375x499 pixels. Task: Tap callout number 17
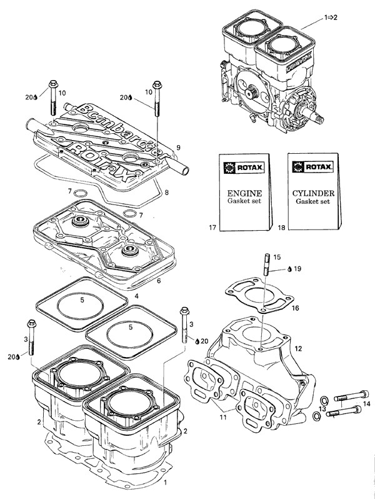pos(212,228)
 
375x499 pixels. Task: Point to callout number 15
pos(277,257)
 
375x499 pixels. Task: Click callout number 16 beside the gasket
pos(296,308)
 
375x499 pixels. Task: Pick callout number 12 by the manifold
pos(299,348)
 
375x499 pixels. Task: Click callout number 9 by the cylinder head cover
pos(178,148)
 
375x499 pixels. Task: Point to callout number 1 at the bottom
pos(165,483)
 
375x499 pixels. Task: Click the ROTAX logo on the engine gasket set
pos(241,168)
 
